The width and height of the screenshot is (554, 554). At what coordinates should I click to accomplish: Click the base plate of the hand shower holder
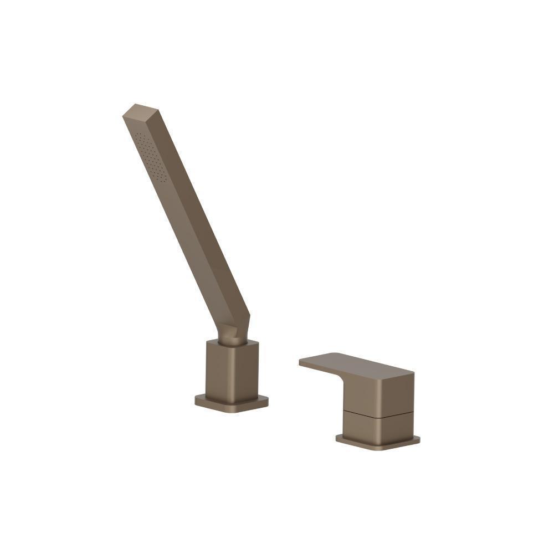[232, 403]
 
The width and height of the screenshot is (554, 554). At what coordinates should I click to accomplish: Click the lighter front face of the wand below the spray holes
[183, 222]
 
